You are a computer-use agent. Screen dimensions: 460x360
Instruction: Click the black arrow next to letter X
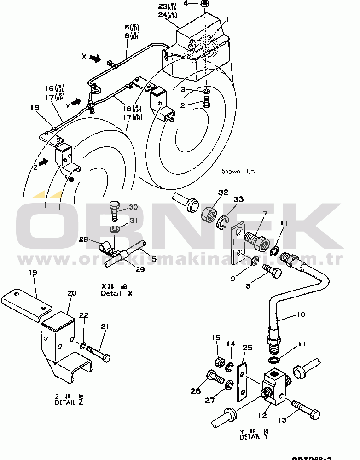[x=95, y=58]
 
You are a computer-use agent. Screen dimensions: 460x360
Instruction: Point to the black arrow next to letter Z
[x=42, y=162]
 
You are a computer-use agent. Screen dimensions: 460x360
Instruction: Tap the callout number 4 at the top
[x=186, y=3]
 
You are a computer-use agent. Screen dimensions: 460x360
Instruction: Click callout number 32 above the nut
[x=223, y=192]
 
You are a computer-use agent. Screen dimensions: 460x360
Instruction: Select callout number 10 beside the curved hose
[x=300, y=315]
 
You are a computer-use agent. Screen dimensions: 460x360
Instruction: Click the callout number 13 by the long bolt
[x=282, y=419]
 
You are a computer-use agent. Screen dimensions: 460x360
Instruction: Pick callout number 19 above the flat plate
[x=33, y=272]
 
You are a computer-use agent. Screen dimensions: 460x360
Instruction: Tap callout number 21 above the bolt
[x=105, y=327]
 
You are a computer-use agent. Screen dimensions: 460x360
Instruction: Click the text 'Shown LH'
[x=238, y=171]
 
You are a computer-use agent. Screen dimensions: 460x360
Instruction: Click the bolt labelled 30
[x=114, y=211]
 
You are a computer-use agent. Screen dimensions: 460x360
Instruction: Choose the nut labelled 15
[x=221, y=360]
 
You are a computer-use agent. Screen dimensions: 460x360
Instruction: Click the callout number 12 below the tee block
[x=262, y=416]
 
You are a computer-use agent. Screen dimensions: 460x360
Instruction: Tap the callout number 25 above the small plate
[x=247, y=347]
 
